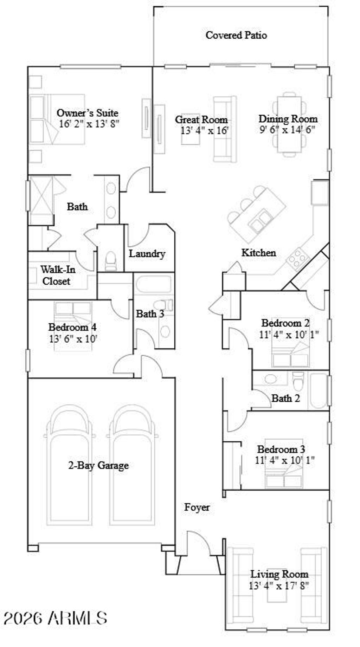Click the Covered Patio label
236,35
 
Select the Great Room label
201,119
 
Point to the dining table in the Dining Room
290,124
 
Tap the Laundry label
147,254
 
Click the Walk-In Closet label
57,275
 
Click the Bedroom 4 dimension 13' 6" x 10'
73,339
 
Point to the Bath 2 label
286,398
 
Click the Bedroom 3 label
281,449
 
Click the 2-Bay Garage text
98,466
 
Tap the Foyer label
197,507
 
